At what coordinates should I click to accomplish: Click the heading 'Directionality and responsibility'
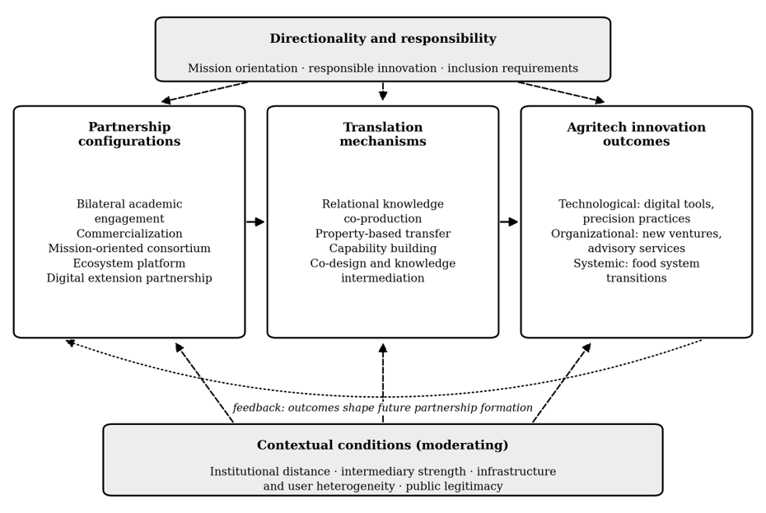coord(383,39)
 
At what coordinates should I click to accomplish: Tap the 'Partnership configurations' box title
coord(129,134)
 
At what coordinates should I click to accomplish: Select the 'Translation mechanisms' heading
coord(383,134)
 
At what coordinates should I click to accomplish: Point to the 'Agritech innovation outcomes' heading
coord(636,134)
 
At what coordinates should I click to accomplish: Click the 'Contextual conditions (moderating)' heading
coord(382,445)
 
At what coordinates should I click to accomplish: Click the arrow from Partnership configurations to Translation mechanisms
coord(255,222)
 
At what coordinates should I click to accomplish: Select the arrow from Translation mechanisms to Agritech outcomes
coord(509,222)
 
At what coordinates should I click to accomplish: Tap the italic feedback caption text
coord(382,408)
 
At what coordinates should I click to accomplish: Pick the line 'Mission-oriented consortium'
coord(129,248)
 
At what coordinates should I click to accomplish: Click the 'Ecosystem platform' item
coord(129,263)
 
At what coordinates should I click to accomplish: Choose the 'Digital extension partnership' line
coord(129,278)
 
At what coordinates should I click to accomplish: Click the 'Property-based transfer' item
coord(383,234)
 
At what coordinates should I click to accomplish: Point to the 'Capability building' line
coord(383,248)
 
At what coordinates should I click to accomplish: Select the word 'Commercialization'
coord(129,234)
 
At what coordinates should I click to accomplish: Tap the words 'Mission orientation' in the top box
coord(243,68)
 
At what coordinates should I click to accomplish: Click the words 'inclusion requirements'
coord(513,68)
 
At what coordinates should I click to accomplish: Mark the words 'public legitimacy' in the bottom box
coord(455,486)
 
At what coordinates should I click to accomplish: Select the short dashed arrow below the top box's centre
coord(383,91)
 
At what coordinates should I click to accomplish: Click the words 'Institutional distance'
coord(270,472)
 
